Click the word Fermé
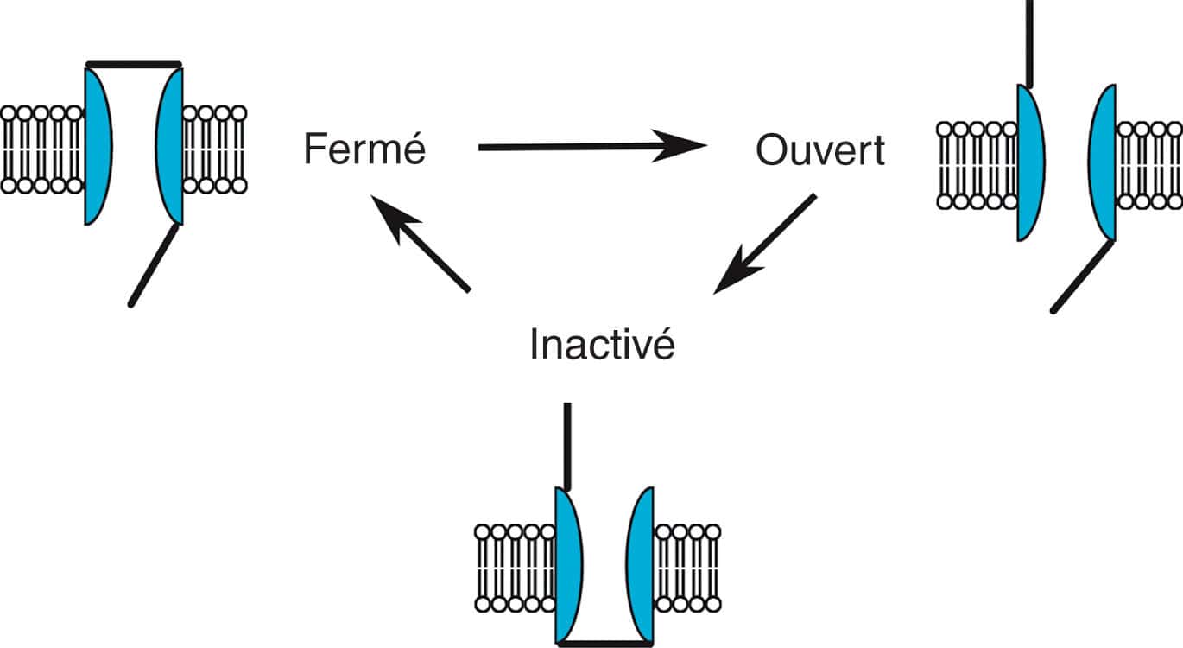(x=364, y=149)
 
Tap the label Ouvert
(x=819, y=149)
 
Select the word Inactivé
(x=601, y=344)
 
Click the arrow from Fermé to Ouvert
(x=591, y=147)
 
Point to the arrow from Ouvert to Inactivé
(x=765, y=244)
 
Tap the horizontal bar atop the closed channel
(x=134, y=64)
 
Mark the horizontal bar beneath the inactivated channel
(x=604, y=642)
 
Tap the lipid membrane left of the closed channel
(x=41, y=149)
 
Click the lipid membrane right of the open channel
(x=1149, y=165)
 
